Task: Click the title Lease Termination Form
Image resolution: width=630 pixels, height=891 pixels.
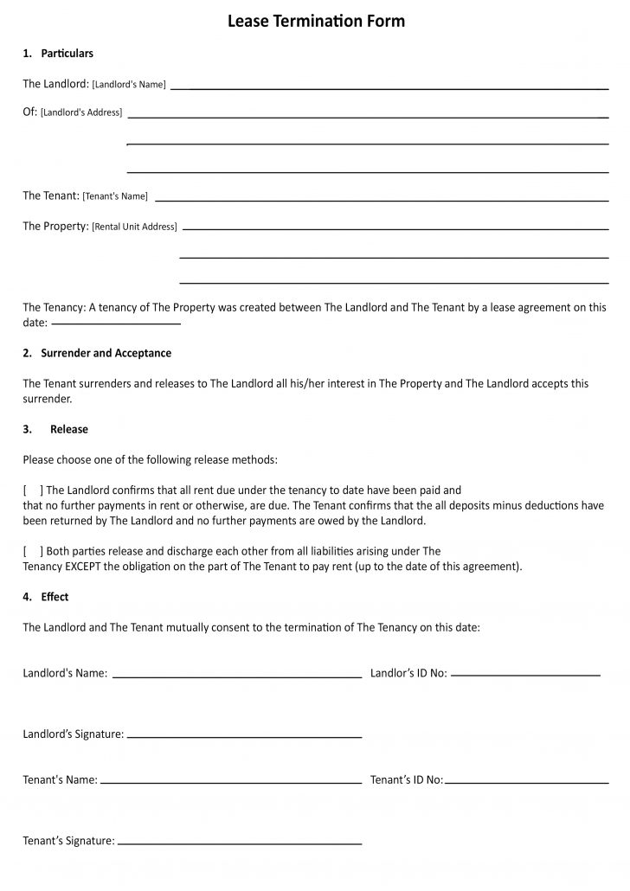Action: [x=316, y=21]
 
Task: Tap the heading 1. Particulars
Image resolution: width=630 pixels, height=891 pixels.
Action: [x=58, y=54]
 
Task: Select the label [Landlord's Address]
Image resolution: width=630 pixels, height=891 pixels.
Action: [x=81, y=112]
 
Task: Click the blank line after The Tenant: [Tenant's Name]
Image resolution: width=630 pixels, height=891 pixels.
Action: [x=381, y=200]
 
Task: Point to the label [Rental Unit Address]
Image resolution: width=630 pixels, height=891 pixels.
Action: [x=134, y=227]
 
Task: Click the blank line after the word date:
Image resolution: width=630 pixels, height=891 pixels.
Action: [x=116, y=324]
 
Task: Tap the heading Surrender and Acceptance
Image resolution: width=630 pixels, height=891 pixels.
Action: [x=106, y=353]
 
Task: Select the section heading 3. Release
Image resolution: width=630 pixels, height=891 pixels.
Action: [x=56, y=429]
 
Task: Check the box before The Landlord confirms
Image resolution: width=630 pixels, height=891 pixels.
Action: [x=33, y=490]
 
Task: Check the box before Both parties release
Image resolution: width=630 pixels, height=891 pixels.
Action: [x=33, y=551]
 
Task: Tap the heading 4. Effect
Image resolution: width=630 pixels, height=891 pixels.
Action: [x=46, y=597]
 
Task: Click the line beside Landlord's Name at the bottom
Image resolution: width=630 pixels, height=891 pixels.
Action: [x=236, y=676]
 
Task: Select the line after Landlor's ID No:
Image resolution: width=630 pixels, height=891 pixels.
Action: [x=525, y=674]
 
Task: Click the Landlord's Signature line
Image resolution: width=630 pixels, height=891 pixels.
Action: [x=244, y=737]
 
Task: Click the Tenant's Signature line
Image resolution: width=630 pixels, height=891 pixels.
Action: [x=239, y=843]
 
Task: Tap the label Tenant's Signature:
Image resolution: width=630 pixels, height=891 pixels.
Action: [x=68, y=841]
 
